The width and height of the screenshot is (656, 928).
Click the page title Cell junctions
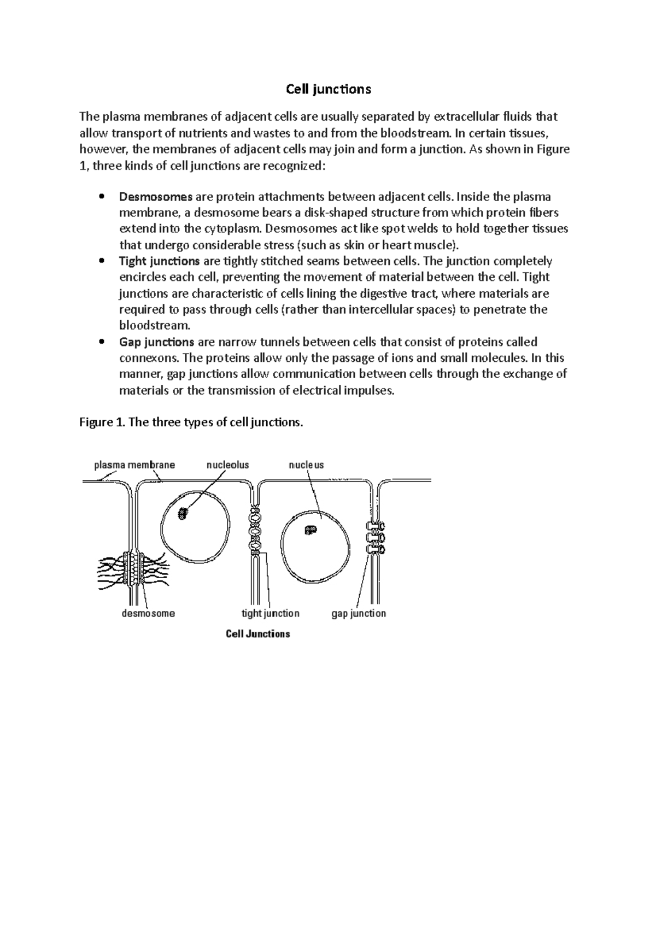329,89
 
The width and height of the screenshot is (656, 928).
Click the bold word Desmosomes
156,197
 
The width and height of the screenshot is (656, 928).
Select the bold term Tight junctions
159,261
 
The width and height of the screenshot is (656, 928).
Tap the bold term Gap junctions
156,342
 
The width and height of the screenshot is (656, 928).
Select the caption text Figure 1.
102,422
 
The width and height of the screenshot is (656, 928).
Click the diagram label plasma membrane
134,465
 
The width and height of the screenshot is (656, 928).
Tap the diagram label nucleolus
227,465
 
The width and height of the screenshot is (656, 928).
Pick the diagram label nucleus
306,465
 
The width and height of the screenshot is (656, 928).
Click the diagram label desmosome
148,613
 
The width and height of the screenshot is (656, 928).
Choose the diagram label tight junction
271,613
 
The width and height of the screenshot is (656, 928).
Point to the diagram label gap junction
359,613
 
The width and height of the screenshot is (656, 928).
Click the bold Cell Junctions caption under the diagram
258,634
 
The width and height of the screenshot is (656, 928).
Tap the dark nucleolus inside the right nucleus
311,530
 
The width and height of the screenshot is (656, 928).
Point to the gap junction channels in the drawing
375,538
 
